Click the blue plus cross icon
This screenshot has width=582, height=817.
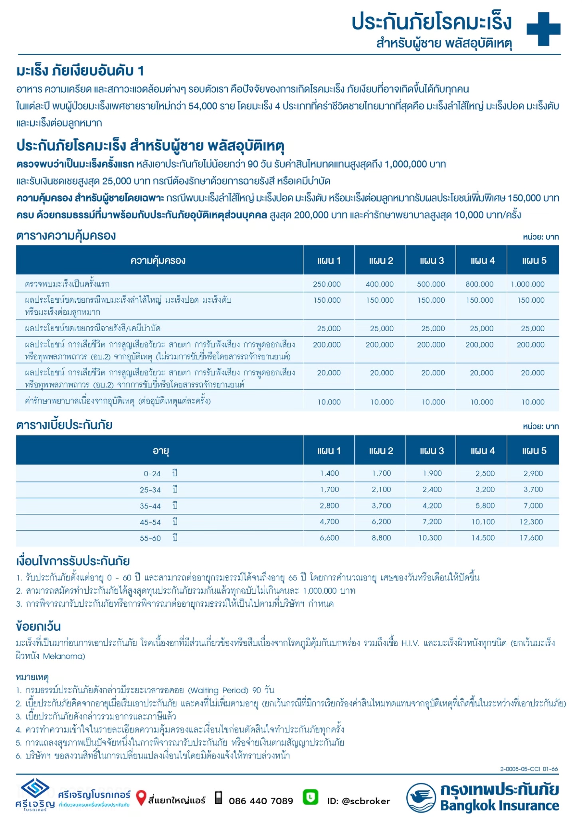pyautogui.click(x=543, y=29)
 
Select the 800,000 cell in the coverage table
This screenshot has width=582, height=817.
pyautogui.click(x=479, y=284)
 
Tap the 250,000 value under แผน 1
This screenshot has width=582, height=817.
pyautogui.click(x=327, y=284)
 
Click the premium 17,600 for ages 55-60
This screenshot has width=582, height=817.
pyautogui.click(x=531, y=538)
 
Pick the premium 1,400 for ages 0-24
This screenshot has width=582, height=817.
pyautogui.click(x=329, y=474)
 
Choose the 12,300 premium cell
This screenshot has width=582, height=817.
pyautogui.click(x=531, y=522)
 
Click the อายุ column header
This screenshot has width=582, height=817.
pyautogui.click(x=160, y=451)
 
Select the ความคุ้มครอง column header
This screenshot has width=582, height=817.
pyautogui.click(x=158, y=260)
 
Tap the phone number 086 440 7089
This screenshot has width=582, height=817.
pyautogui.click(x=261, y=801)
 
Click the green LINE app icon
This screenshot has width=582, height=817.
pyautogui.click(x=310, y=797)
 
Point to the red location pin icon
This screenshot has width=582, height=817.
pyautogui.click(x=141, y=798)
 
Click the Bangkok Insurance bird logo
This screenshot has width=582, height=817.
pyautogui.click(x=421, y=798)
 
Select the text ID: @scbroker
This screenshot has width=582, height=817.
pyautogui.click(x=358, y=801)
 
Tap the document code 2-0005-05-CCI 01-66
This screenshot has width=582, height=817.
pyautogui.click(x=529, y=769)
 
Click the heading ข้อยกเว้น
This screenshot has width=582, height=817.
pyautogui.click(x=38, y=626)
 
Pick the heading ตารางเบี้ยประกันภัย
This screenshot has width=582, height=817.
pyautogui.click(x=64, y=425)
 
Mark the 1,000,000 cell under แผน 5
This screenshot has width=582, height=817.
pyautogui.click(x=527, y=284)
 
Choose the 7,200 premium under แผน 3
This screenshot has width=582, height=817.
pyautogui.click(x=432, y=522)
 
